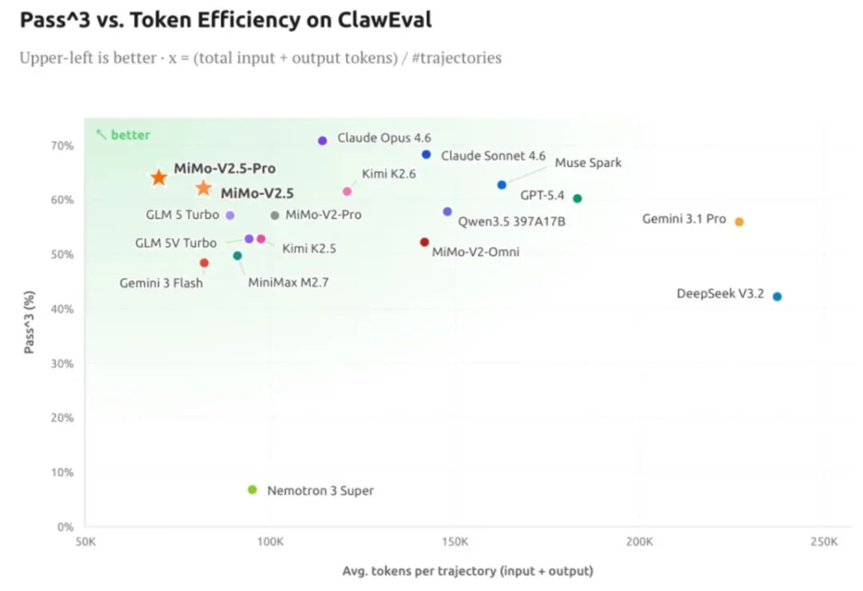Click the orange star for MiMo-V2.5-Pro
159,177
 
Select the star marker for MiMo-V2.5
204,188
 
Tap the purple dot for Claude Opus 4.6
323,141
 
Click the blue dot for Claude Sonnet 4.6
426,155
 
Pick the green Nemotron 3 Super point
253,490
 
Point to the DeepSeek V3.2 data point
777,296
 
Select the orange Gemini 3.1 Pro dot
739,222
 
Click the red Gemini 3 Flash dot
204,263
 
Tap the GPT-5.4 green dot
577,198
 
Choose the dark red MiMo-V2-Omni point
424,242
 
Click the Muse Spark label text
588,163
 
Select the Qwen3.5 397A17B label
511,221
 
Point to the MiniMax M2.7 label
288,282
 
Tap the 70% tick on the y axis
62,146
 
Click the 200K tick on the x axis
639,542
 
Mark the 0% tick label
66,527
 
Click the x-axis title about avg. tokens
467,571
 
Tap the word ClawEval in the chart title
384,21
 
